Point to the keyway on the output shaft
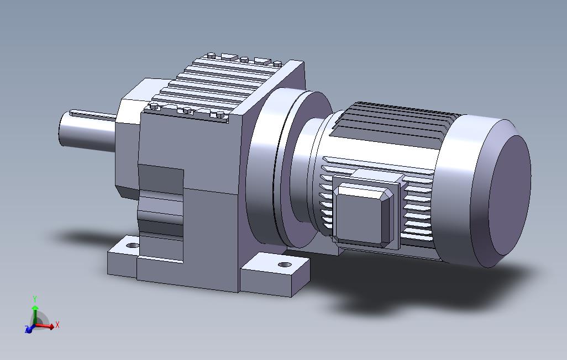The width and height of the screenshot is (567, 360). pos(93,114)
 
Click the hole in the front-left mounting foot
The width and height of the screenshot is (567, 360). pos(133,246)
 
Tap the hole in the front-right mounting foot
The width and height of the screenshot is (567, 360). pos(285,265)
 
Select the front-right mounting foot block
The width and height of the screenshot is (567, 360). pos(275,275)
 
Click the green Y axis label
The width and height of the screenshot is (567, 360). pos(35,299)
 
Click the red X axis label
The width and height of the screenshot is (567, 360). pos(57,325)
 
